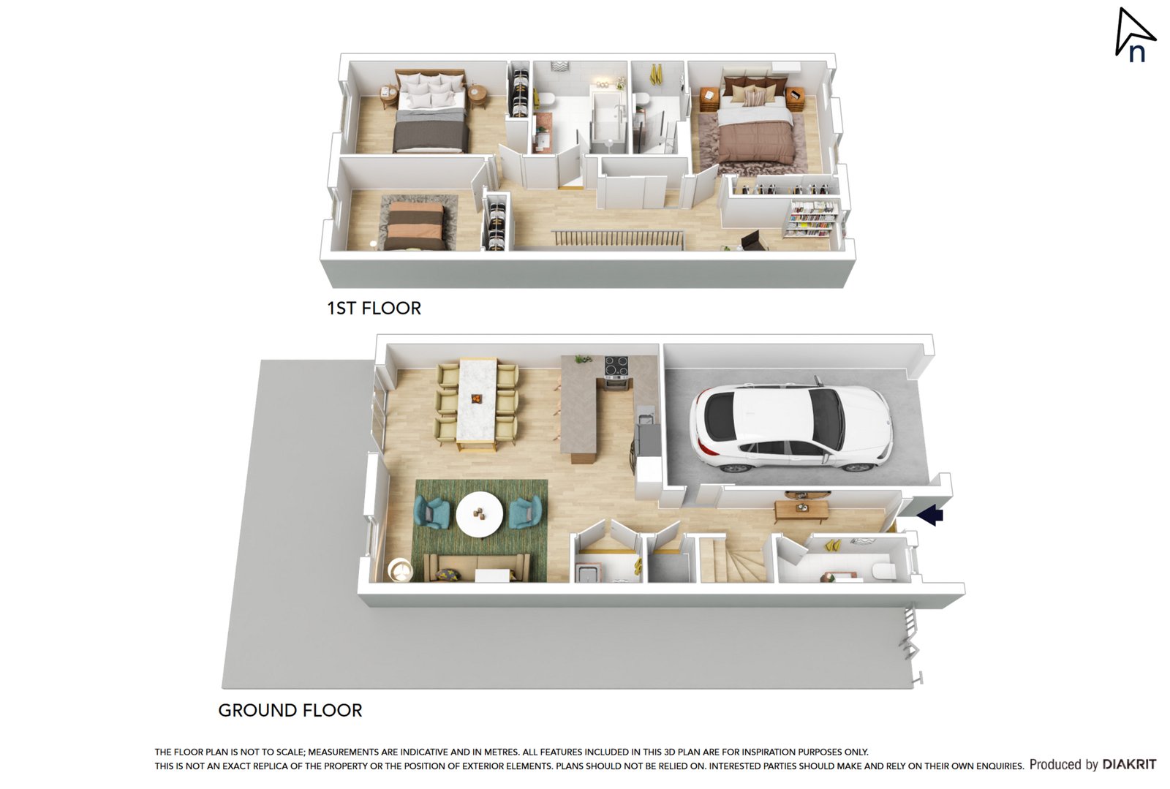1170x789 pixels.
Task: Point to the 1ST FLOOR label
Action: (x=374, y=309)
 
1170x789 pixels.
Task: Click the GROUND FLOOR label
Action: (x=290, y=710)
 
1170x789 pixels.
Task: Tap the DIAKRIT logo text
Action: (x=1129, y=764)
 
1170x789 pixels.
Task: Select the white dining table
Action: (x=477, y=401)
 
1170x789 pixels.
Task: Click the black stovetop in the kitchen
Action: (x=616, y=364)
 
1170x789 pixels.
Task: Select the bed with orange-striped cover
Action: (x=415, y=225)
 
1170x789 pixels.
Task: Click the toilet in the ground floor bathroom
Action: (x=882, y=570)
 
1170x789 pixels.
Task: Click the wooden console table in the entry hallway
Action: (x=801, y=509)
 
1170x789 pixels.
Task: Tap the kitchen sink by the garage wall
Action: (x=645, y=419)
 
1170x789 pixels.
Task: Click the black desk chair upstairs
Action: (x=753, y=241)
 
